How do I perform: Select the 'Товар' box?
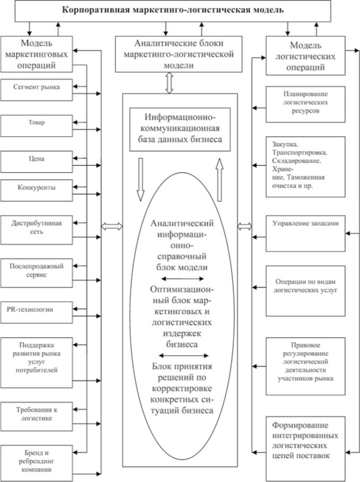tap(37, 125)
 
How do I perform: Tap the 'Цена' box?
tap(37, 158)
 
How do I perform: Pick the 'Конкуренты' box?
tap(37, 188)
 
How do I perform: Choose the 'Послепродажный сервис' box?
tap(37, 271)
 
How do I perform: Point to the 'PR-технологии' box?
tap(37, 309)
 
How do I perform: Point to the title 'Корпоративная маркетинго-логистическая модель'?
tap(181, 10)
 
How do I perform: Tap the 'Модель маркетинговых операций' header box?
tap(37, 53)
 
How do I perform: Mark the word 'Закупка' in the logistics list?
tap(282, 144)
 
